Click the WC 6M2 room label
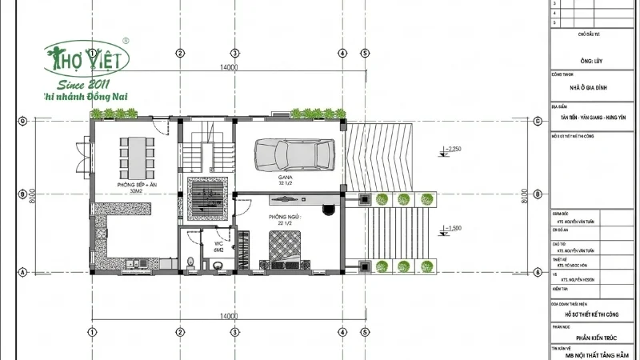[218, 247]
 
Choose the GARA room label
[285, 178]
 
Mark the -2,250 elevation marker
[453, 149]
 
